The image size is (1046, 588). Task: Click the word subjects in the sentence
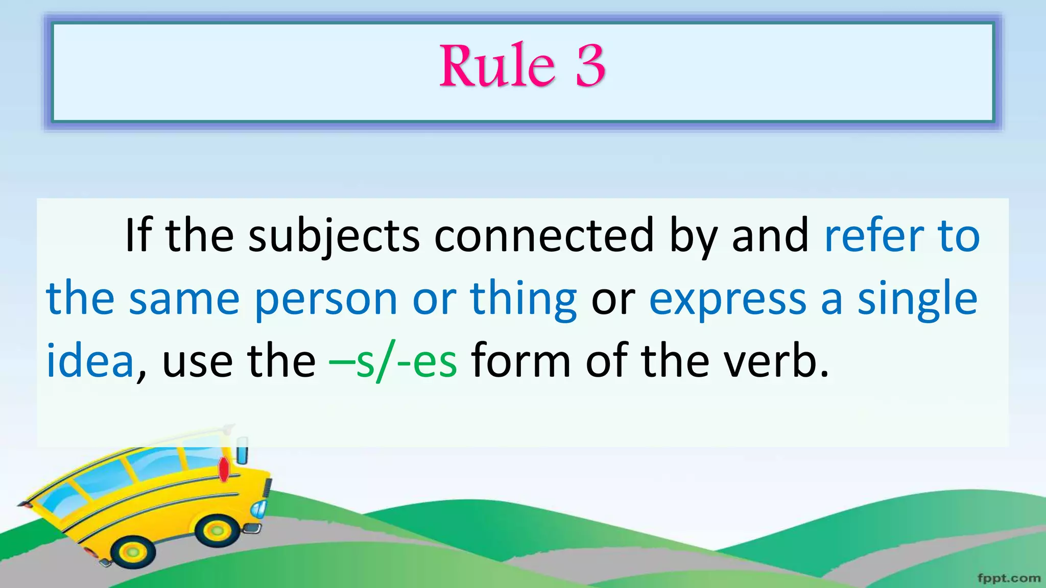click(334, 236)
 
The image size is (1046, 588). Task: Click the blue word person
click(326, 299)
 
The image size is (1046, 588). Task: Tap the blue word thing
click(524, 299)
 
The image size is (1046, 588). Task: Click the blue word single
click(917, 299)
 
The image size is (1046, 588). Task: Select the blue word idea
click(90, 360)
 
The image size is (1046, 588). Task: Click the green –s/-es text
click(393, 361)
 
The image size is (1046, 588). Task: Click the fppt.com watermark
click(1009, 578)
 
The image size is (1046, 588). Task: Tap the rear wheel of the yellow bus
click(133, 552)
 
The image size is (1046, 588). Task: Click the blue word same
click(184, 299)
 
